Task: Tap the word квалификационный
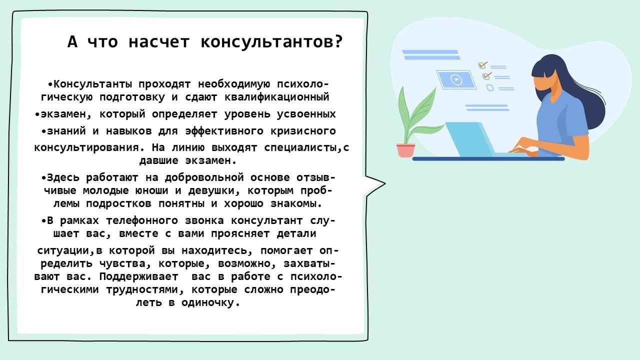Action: point(277,97)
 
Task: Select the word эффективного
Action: point(224,131)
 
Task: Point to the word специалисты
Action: point(303,147)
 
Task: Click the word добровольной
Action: point(204,177)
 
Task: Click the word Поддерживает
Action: point(139,276)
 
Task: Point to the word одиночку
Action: point(210,302)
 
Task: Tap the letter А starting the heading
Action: point(72,42)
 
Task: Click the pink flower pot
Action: point(405,150)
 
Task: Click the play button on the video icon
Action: point(456,79)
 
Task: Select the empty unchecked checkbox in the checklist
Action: point(489,87)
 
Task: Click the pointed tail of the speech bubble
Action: point(385,183)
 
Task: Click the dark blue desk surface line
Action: point(488,159)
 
